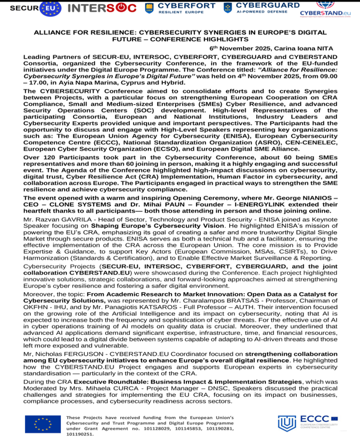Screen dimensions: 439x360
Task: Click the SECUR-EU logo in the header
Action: [30, 9]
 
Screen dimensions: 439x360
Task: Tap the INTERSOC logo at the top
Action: [103, 9]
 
